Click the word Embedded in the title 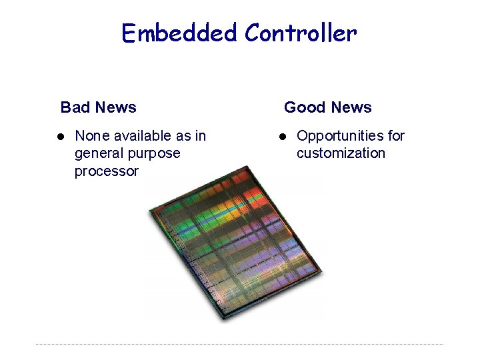[x=179, y=33]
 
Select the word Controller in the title [x=301, y=33]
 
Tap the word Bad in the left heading [x=74, y=107]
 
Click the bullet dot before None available [x=59, y=137]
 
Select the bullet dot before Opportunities [x=282, y=137]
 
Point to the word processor [x=106, y=171]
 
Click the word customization [x=341, y=153]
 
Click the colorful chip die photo [x=233, y=247]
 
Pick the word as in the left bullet [x=183, y=136]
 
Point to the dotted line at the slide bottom [x=240, y=344]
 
